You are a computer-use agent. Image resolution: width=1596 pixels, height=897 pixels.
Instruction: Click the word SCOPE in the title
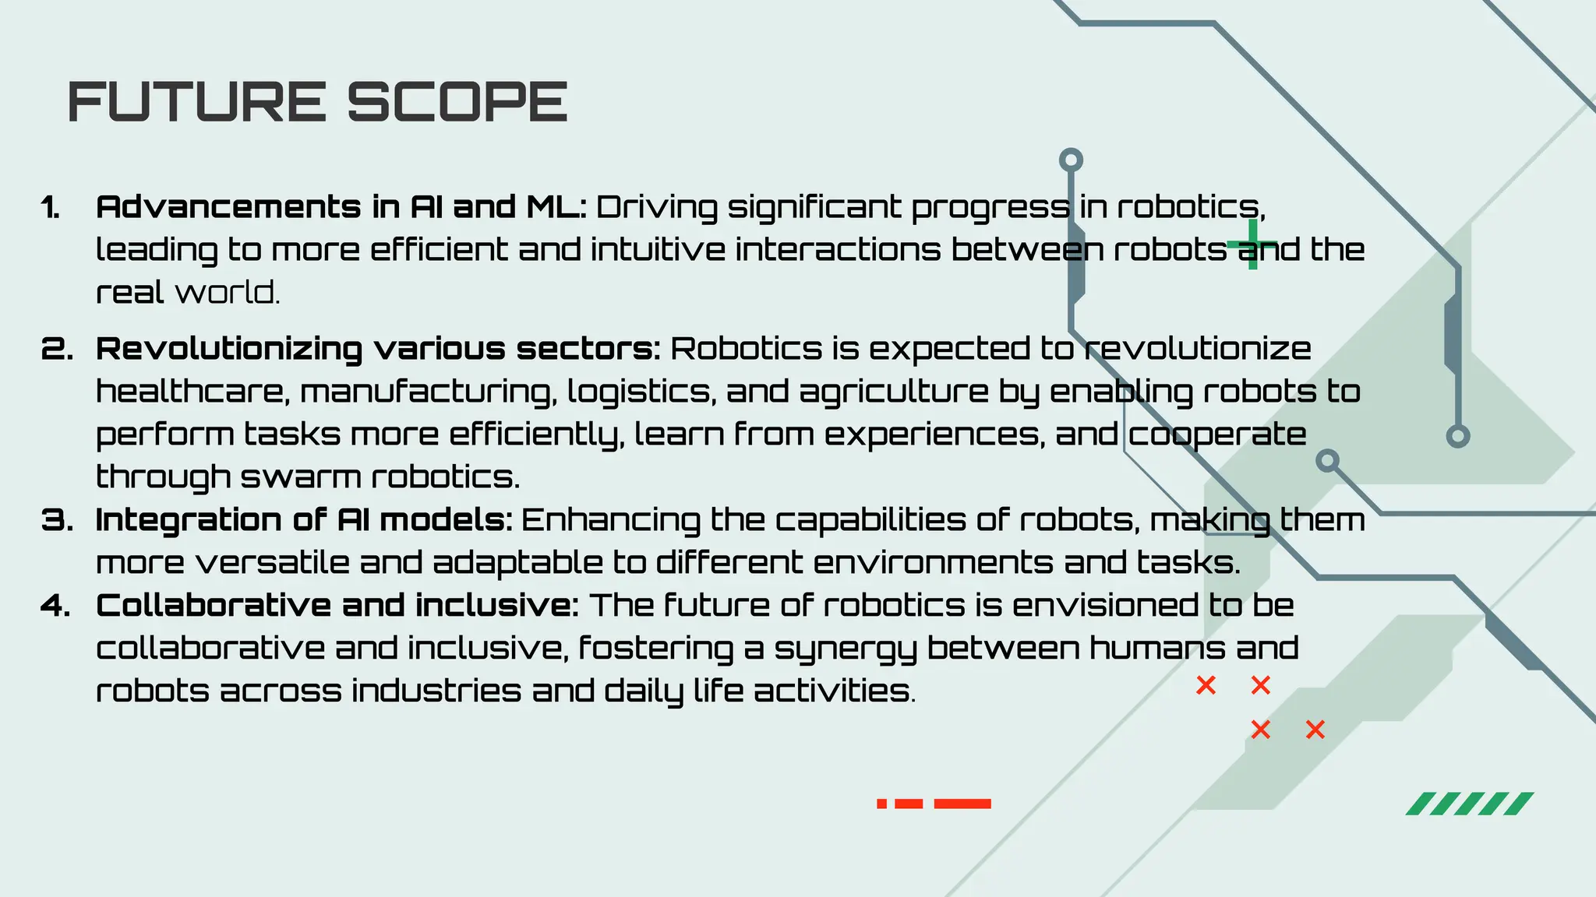[x=457, y=102]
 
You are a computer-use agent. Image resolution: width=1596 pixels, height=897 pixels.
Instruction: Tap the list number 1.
[x=51, y=208]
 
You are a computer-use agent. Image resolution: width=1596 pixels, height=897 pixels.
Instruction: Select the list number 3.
[x=57, y=520]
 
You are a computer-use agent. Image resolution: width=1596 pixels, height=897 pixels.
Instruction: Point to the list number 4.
[x=56, y=606]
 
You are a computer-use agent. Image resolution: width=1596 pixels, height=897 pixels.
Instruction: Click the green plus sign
[x=1252, y=244]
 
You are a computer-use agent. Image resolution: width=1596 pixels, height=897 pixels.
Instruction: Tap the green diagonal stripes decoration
[x=1470, y=804]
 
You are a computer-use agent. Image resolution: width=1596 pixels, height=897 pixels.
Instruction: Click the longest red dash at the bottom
[x=962, y=804]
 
